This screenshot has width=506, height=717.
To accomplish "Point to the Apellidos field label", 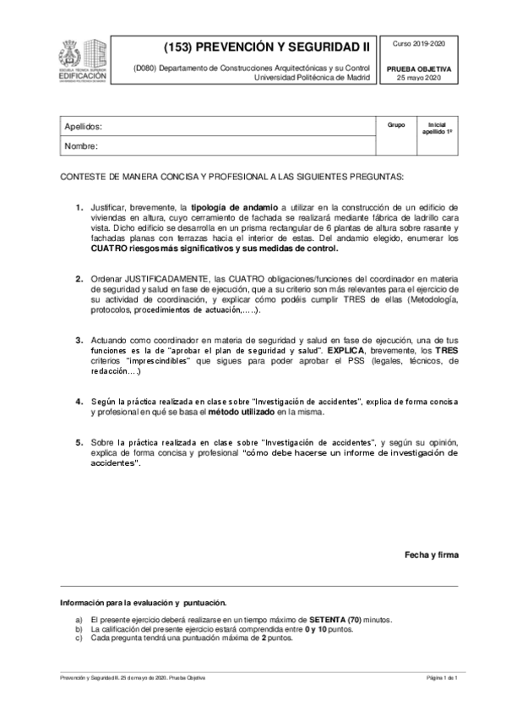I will (83, 126).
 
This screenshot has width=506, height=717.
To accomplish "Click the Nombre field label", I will (81, 145).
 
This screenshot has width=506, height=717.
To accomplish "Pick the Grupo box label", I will (396, 124).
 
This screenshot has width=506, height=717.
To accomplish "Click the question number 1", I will (79, 206).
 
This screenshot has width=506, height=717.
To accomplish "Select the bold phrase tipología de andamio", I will (234, 206).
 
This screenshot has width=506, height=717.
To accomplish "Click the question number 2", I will (79, 277).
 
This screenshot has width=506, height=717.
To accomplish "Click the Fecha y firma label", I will (431, 555).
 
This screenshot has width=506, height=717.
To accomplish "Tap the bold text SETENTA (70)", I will (335, 620).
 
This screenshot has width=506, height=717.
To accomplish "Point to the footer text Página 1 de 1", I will (441, 678).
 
